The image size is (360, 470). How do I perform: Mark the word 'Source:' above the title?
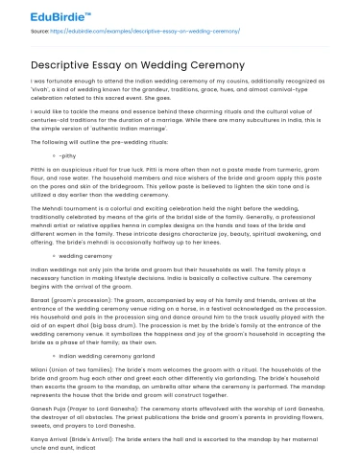click(x=40, y=31)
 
